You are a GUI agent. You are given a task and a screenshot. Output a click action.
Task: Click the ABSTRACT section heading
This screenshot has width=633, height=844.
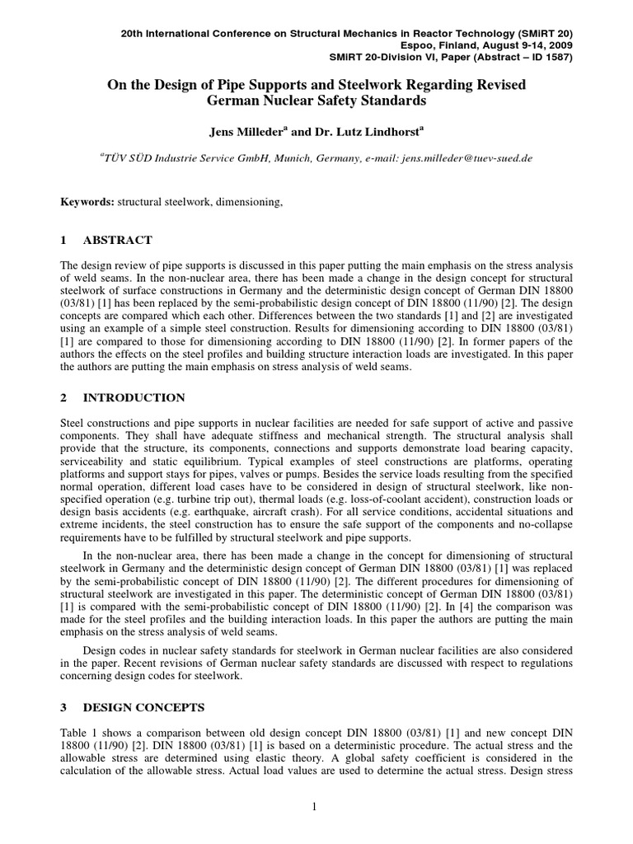[118, 240]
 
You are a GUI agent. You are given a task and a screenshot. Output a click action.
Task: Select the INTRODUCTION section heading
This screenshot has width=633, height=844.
[133, 397]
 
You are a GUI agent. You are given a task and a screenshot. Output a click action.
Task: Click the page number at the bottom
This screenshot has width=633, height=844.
[315, 806]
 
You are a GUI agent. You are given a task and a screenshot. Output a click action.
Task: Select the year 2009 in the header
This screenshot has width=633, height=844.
[558, 45]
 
